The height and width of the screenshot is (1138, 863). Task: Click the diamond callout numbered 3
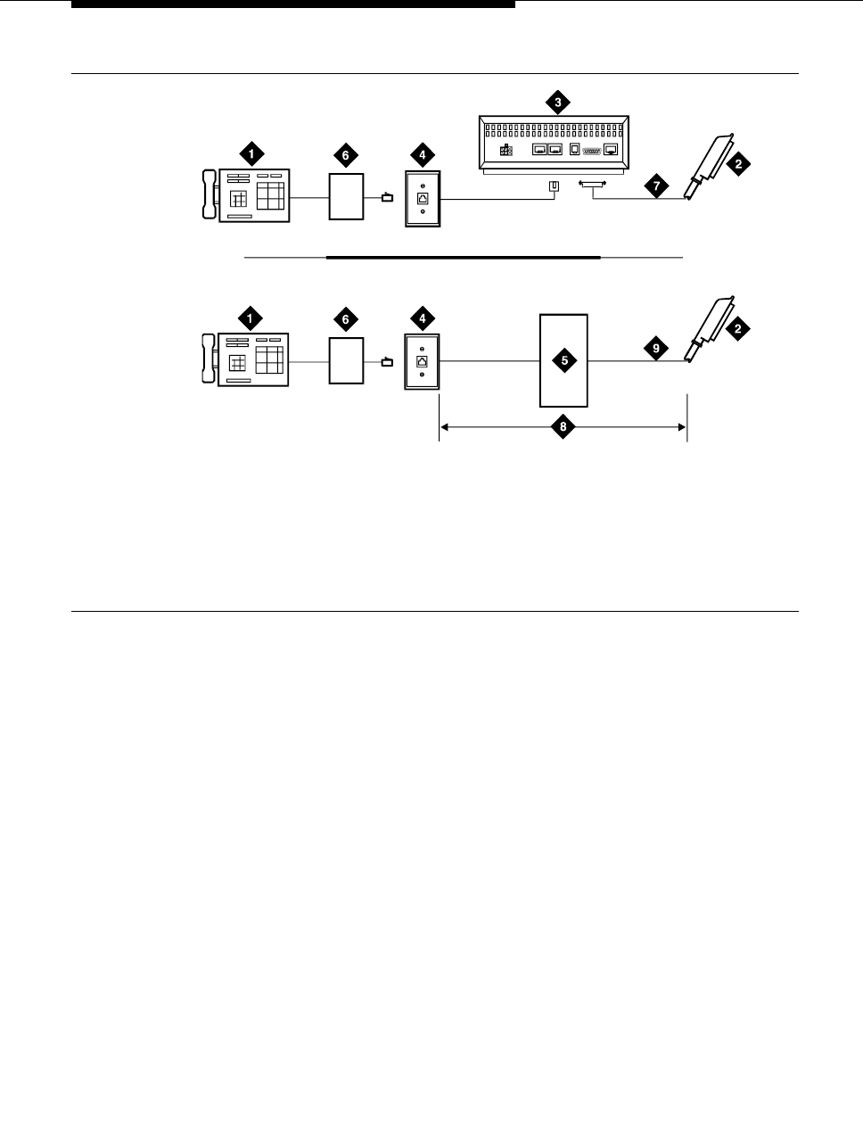(558, 103)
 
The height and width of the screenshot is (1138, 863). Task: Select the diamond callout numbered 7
(656, 186)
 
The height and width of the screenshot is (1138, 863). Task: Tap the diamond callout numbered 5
(564, 360)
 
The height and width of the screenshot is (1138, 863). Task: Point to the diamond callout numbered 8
(563, 428)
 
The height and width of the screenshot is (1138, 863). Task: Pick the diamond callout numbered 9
(656, 349)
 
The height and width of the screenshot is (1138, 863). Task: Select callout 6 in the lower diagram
(347, 318)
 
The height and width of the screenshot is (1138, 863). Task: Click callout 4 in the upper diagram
(422, 155)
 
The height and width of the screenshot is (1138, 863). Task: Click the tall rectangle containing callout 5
(564, 383)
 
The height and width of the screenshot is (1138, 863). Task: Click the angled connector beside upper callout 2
(710, 166)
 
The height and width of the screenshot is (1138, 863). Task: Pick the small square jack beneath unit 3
(554, 186)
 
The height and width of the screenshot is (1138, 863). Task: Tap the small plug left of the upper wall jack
(387, 198)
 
